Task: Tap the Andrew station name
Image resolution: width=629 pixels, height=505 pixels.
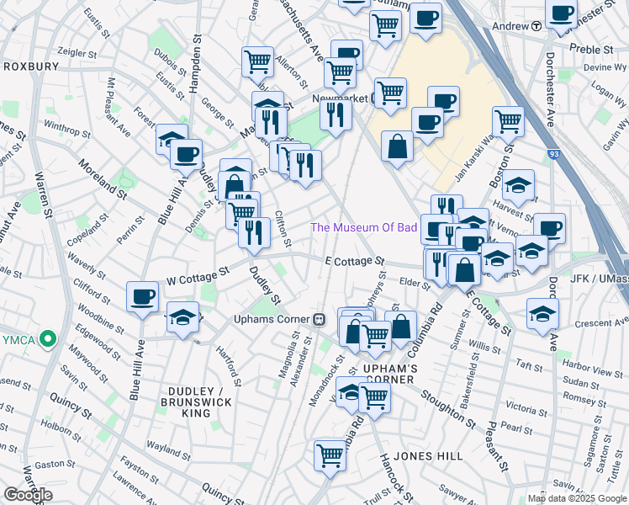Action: pos(509,26)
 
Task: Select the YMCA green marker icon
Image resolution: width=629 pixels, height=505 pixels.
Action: pos(49,340)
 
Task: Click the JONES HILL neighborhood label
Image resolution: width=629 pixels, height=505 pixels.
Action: pos(428,455)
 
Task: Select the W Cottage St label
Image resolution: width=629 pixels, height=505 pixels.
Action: pos(198,274)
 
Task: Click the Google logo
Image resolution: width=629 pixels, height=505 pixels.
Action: pos(28,494)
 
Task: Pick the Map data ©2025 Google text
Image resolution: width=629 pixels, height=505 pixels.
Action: pos(577,498)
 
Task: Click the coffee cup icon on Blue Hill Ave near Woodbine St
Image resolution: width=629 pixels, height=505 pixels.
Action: pos(143,296)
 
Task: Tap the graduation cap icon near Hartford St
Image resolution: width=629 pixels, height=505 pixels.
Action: pos(182,318)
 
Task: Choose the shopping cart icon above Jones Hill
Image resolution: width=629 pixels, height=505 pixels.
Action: pos(330,456)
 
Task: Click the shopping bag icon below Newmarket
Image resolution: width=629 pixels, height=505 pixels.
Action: pos(397,146)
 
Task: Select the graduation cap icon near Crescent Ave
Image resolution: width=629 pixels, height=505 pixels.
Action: pos(543,313)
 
